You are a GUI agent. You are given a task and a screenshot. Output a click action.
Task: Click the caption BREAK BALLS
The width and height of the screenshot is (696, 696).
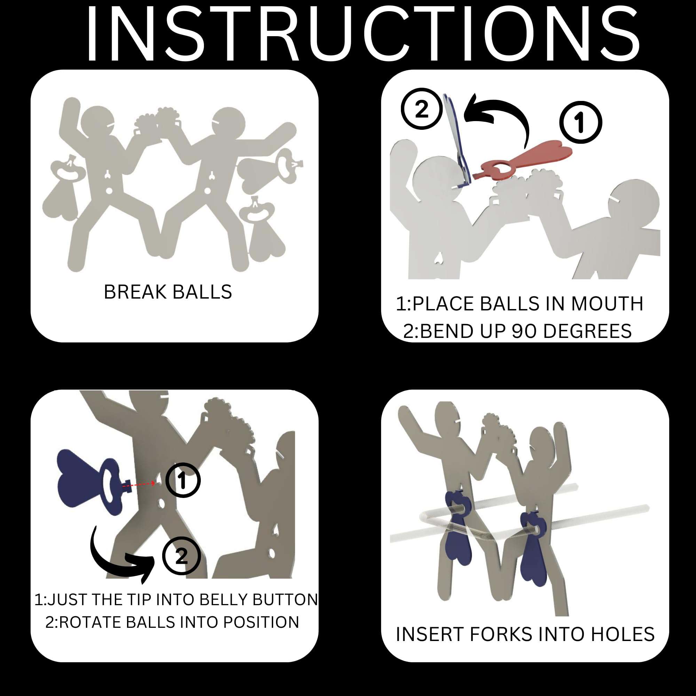tap(168, 292)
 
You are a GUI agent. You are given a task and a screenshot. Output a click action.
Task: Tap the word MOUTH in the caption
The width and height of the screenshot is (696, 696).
tap(607, 304)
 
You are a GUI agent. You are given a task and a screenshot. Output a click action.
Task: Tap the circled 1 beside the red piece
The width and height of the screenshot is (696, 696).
tap(580, 122)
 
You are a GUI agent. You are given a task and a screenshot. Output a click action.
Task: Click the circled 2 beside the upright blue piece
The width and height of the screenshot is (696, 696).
tap(421, 109)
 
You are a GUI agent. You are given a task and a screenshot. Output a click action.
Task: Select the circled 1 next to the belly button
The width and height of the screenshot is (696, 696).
tap(183, 480)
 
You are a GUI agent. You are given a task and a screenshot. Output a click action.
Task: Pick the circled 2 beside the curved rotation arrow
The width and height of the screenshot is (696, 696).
tap(181, 556)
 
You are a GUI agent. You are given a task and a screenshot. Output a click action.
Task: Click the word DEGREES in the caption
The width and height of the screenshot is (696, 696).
tap(587, 331)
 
